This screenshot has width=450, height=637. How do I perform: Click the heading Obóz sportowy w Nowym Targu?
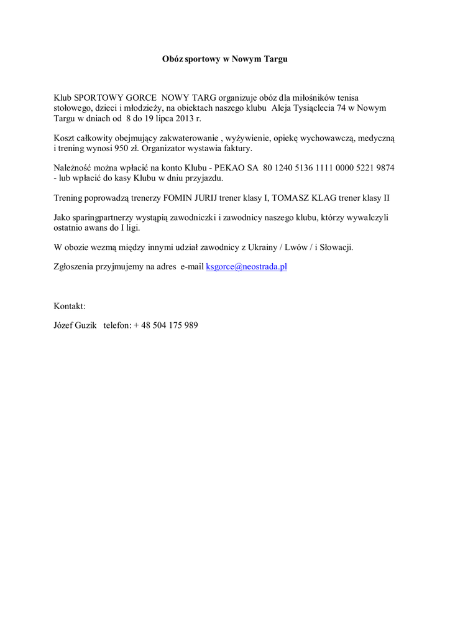225,59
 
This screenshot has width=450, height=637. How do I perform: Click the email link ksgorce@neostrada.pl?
246,267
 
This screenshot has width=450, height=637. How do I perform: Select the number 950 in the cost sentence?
122,149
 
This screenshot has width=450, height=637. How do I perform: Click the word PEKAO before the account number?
227,168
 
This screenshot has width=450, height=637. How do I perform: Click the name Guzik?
86,325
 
